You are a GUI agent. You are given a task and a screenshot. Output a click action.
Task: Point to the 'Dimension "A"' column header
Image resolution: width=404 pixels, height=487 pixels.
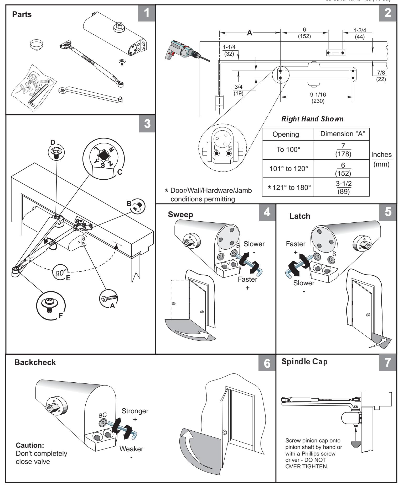pyautogui.click(x=341, y=134)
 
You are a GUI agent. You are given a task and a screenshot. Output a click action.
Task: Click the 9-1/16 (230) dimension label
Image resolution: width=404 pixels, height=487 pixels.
pyautogui.click(x=318, y=98)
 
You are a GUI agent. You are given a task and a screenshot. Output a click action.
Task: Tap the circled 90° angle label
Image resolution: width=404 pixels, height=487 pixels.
pyautogui.click(x=61, y=273)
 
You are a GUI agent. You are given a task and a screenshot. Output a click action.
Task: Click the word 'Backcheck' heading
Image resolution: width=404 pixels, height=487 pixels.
pyautogui.click(x=35, y=362)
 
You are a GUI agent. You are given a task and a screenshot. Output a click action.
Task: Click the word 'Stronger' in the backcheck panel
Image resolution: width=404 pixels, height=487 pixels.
pyautogui.click(x=135, y=411)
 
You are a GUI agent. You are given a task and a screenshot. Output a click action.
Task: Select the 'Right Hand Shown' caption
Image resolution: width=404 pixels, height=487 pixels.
pyautogui.click(x=312, y=119)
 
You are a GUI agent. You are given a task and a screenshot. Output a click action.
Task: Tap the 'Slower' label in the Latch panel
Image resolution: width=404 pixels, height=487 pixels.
pyautogui.click(x=304, y=283)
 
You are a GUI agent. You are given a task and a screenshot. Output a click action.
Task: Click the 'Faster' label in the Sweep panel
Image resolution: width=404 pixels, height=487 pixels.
pyautogui.click(x=247, y=279)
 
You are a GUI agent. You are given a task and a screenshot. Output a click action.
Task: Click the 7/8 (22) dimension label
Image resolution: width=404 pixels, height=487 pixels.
pyautogui.click(x=381, y=76)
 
